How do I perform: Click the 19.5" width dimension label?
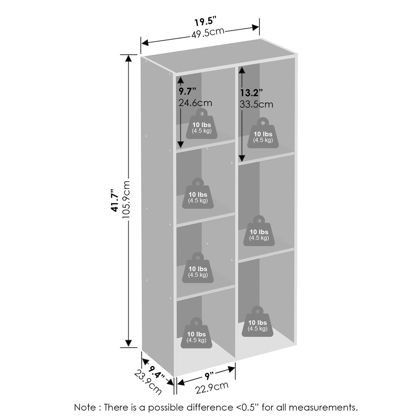click(x=205, y=21)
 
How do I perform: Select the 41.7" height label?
click(x=115, y=200)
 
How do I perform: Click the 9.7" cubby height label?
click(x=188, y=91)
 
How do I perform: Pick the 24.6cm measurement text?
click(x=195, y=103)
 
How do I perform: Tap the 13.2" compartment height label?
click(x=251, y=93)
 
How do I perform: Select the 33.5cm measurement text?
click(x=256, y=104)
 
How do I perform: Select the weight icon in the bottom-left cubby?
click(x=196, y=333)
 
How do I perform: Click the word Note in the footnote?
click(x=85, y=407)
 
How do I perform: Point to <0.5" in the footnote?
click(x=246, y=407)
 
